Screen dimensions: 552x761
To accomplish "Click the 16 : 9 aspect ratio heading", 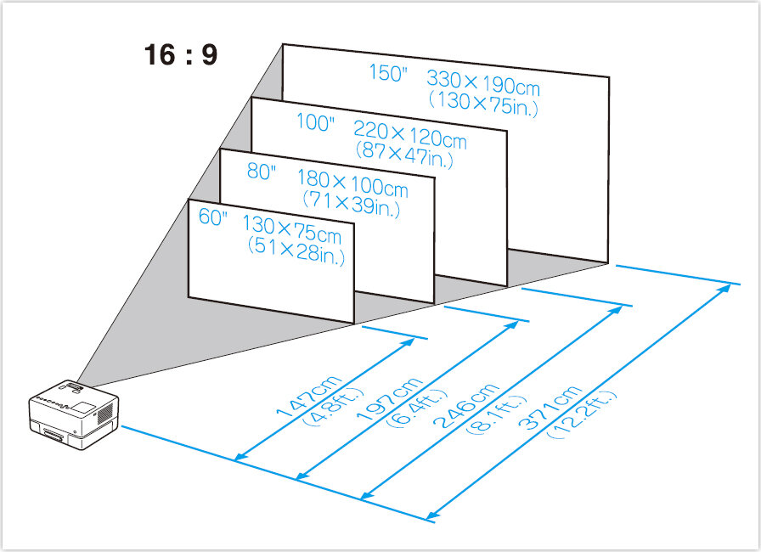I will [180, 55].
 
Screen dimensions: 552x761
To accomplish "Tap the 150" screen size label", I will [388, 73].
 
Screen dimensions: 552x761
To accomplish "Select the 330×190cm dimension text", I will [483, 83].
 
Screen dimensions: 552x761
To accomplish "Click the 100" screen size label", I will [316, 122].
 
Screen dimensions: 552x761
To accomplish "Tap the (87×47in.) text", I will [406, 155].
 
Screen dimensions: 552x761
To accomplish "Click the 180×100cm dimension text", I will [352, 183].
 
